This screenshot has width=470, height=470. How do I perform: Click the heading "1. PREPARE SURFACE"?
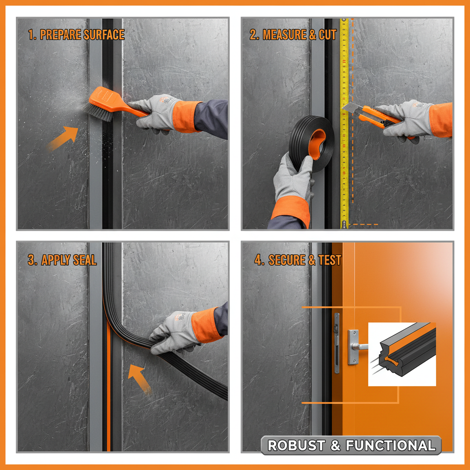(76, 35)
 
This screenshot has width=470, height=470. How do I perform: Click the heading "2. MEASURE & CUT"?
(293, 35)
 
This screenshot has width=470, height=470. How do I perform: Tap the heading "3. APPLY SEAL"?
(62, 260)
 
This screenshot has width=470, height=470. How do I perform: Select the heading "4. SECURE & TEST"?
(298, 260)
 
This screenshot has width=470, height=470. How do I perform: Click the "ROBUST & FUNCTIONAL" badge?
(351, 445)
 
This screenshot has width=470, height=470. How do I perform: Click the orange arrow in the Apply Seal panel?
(140, 378)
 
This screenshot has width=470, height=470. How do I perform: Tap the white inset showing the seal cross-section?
(402, 353)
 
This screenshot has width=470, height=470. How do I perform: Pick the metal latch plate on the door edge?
(336, 342)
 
